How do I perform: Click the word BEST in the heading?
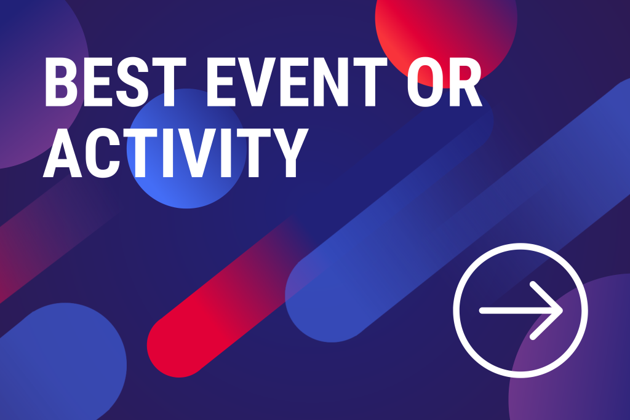coord(115,82)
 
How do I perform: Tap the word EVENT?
coord(297,82)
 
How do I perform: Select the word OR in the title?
coord(444,82)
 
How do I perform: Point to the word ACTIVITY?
coord(175,153)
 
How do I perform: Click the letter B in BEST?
coord(62,82)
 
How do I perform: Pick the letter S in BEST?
coord(133,82)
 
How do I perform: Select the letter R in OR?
coord(465,82)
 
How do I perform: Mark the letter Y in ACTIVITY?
coord(291,153)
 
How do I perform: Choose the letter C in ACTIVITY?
coord(103,153)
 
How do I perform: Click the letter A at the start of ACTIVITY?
coord(62,153)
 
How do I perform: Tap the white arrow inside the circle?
coord(520,311)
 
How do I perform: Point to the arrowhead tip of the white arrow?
coord(562,311)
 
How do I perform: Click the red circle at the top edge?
coord(446,28)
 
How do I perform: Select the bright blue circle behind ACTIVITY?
coord(186,149)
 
